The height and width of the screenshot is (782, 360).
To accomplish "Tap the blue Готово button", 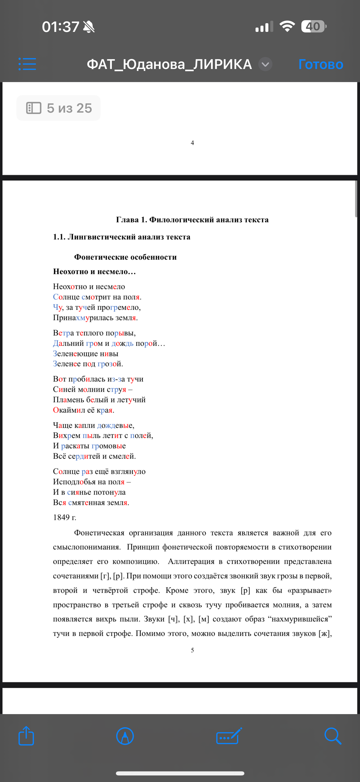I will [320, 64].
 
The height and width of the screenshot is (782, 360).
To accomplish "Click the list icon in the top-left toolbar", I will [27, 64].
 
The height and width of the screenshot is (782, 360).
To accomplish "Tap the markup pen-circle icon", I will [125, 736].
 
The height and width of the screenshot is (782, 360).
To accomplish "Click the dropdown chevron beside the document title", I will [265, 64].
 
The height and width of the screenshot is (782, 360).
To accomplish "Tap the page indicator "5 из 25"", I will [59, 108].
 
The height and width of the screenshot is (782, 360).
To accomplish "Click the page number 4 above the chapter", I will [192, 143].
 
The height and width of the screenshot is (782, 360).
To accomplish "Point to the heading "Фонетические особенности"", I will [125, 257].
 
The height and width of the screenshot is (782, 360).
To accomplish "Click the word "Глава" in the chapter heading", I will [127, 219].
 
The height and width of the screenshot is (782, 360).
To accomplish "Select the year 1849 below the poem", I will [62, 517].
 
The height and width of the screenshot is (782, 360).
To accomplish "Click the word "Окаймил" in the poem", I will [69, 410].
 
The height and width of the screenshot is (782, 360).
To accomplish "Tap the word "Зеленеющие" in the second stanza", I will [75, 354].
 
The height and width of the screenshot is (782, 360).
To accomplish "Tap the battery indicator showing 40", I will [313, 26].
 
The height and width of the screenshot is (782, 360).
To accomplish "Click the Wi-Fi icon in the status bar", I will [287, 26].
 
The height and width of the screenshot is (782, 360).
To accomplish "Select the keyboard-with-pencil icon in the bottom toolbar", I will [229, 736].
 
